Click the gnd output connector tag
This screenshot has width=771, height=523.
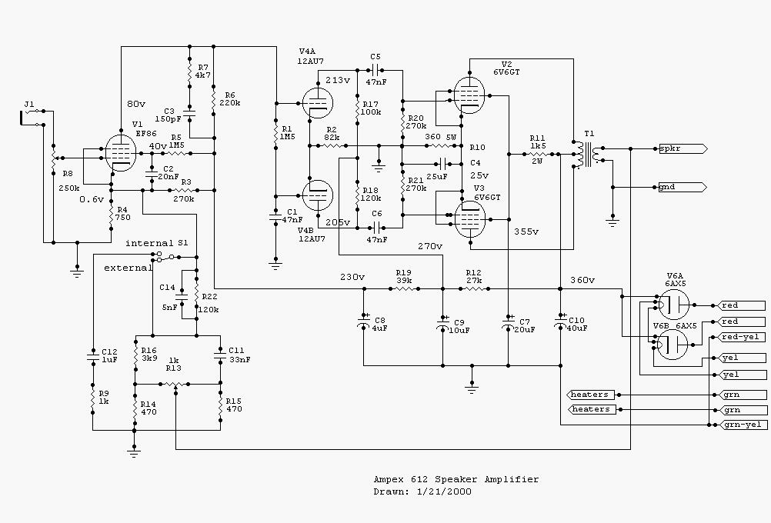click(681, 187)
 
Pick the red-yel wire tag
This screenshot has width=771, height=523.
click(742, 337)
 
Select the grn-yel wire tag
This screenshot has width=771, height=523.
click(742, 425)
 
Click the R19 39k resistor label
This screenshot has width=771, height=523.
click(405, 276)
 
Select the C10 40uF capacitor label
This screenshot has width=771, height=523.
click(576, 323)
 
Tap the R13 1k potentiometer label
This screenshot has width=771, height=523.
click(174, 365)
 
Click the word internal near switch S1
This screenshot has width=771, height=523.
click(149, 243)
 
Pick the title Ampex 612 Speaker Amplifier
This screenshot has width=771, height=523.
click(456, 479)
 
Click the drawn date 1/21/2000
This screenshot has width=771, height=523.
click(445, 491)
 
